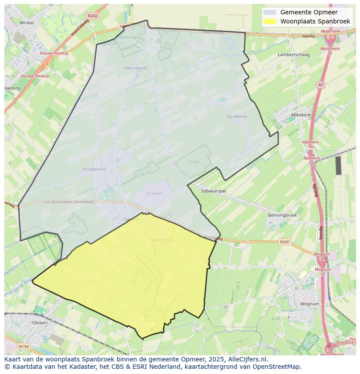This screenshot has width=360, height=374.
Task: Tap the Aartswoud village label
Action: pos(136,68)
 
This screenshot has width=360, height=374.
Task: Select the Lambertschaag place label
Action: pos(293,55)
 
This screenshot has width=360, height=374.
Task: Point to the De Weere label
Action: pos(237,116)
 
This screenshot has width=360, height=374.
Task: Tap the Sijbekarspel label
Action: pos(213,191)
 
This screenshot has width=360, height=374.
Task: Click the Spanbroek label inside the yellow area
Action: pos(162,240)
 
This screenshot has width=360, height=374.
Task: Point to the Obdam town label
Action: pos(40,323)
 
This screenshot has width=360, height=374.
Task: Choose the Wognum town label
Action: pos(310,304)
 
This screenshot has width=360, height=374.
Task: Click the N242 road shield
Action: pos(92,16)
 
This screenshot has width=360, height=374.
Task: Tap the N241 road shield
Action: pos(284,242)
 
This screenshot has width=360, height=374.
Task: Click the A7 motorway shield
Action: pos(320,85)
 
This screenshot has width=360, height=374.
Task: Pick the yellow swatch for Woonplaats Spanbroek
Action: pos(270,21)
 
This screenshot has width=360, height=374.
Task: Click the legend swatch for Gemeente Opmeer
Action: pos(270,12)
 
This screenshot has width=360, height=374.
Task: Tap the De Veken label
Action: pos(154,194)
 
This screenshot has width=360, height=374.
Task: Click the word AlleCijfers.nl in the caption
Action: pos(248,359)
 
